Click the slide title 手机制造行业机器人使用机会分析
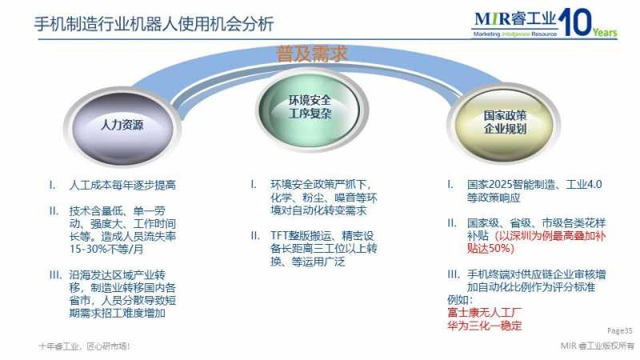(x=154, y=24)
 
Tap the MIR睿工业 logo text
(x=515, y=18)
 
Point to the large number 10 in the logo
(x=574, y=22)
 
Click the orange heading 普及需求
(x=312, y=54)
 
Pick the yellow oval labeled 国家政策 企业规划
(x=504, y=123)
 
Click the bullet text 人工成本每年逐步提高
(x=122, y=186)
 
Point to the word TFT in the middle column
(x=279, y=236)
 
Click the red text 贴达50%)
(x=490, y=249)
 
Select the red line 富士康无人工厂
(x=485, y=313)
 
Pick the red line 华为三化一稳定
(x=485, y=326)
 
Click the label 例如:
(x=460, y=300)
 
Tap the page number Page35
(x=619, y=330)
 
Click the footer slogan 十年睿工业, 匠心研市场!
(x=85, y=346)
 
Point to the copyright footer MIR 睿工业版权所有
(x=597, y=346)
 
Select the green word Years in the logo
(x=605, y=32)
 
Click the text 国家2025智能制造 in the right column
(x=510, y=185)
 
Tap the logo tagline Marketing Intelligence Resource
(x=515, y=34)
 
